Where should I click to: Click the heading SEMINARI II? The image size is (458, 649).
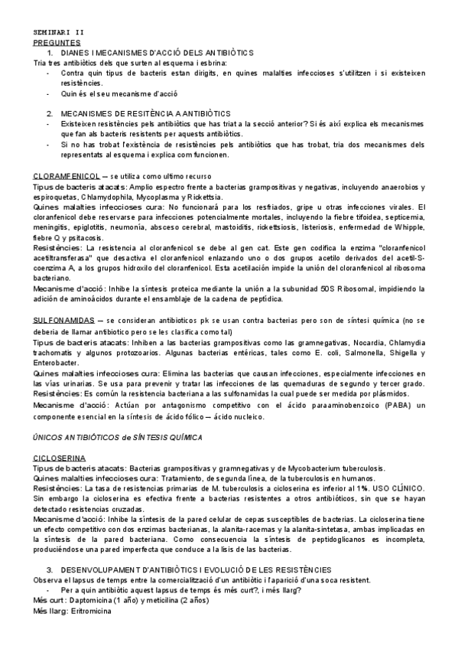(60, 34)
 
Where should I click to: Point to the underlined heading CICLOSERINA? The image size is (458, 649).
(59, 456)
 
